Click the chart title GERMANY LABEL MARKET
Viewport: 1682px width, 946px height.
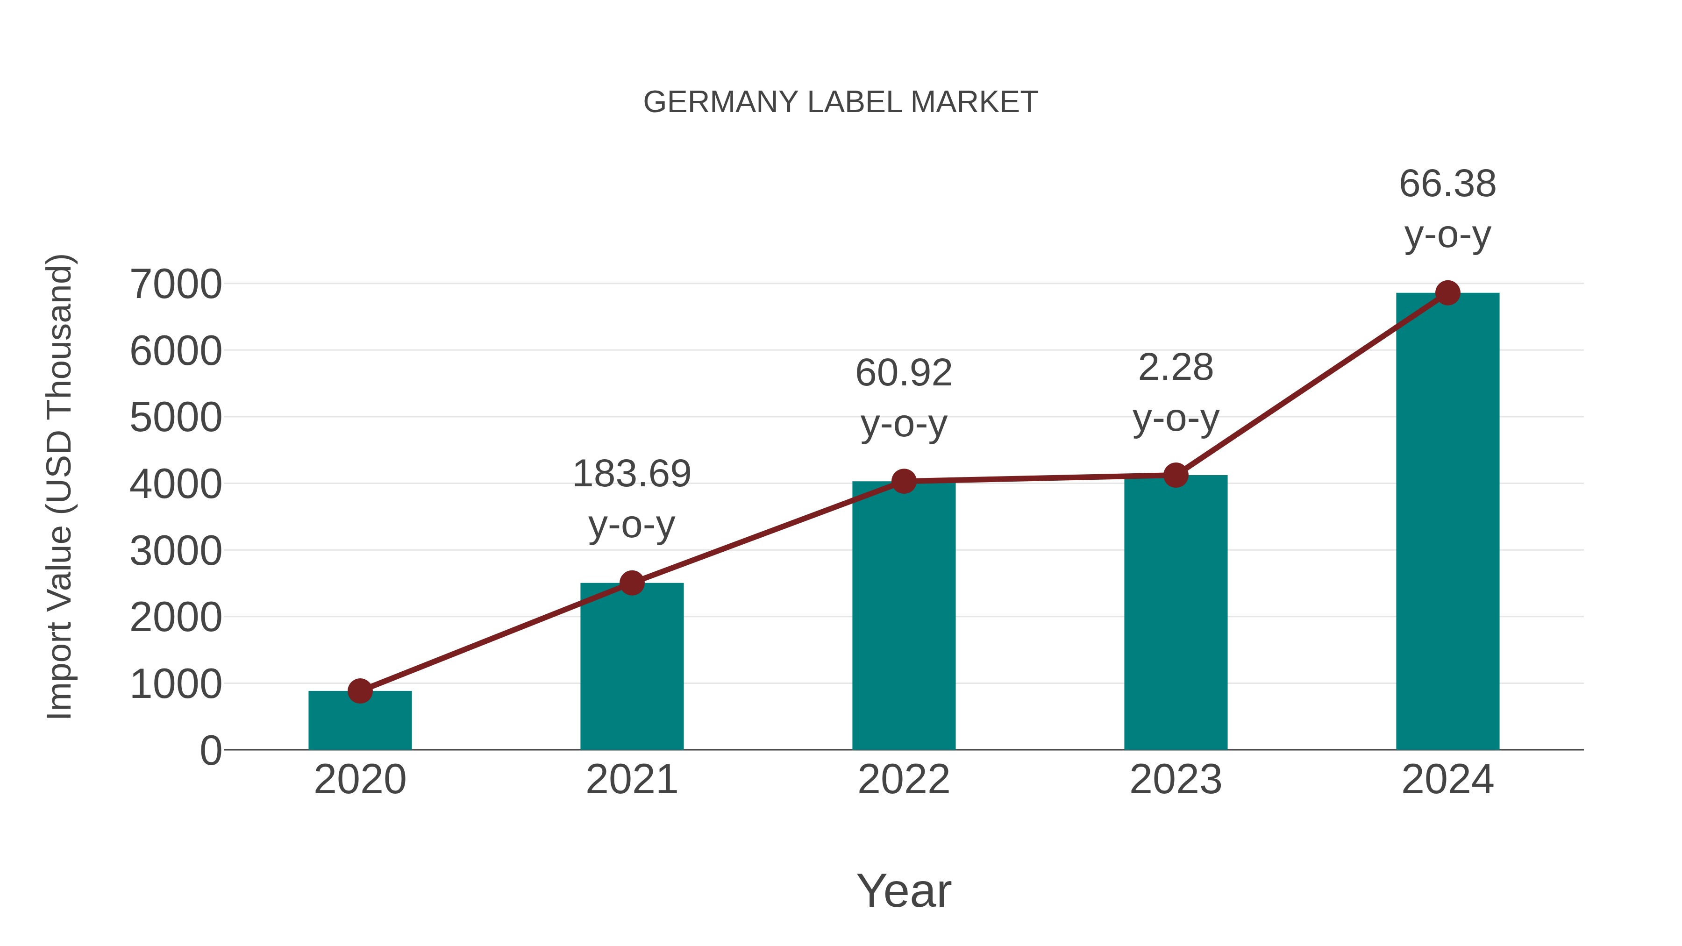841,102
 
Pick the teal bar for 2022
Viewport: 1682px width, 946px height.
904,617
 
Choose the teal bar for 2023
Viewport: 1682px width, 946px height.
1176,614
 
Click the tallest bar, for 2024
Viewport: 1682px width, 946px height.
1447,522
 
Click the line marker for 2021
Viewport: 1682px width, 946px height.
631,583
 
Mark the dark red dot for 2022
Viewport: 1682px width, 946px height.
904,481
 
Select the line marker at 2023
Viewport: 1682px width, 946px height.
1176,475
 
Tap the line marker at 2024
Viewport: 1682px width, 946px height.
1447,293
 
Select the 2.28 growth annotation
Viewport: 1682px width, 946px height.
1176,392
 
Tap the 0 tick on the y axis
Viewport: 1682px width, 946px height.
210,751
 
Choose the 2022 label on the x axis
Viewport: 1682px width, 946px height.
904,780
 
